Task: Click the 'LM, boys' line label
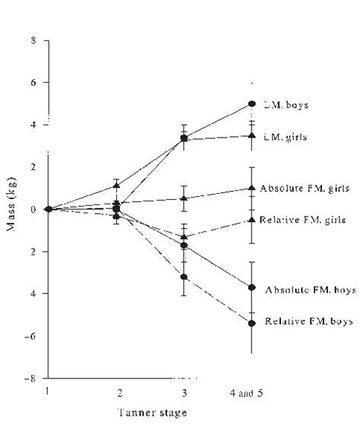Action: tap(285, 104)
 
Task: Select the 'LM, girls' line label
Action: tap(285, 136)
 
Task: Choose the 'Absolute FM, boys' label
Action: tap(309, 290)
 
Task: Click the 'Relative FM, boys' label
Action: tap(308, 322)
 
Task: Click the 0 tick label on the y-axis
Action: tap(34, 209)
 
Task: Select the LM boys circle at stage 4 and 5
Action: tap(251, 104)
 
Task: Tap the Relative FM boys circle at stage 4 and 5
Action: tap(251, 322)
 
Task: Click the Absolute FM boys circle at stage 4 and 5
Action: tap(251, 287)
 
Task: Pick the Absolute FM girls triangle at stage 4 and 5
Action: tap(251, 188)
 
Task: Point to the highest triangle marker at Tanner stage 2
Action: tap(115, 185)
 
